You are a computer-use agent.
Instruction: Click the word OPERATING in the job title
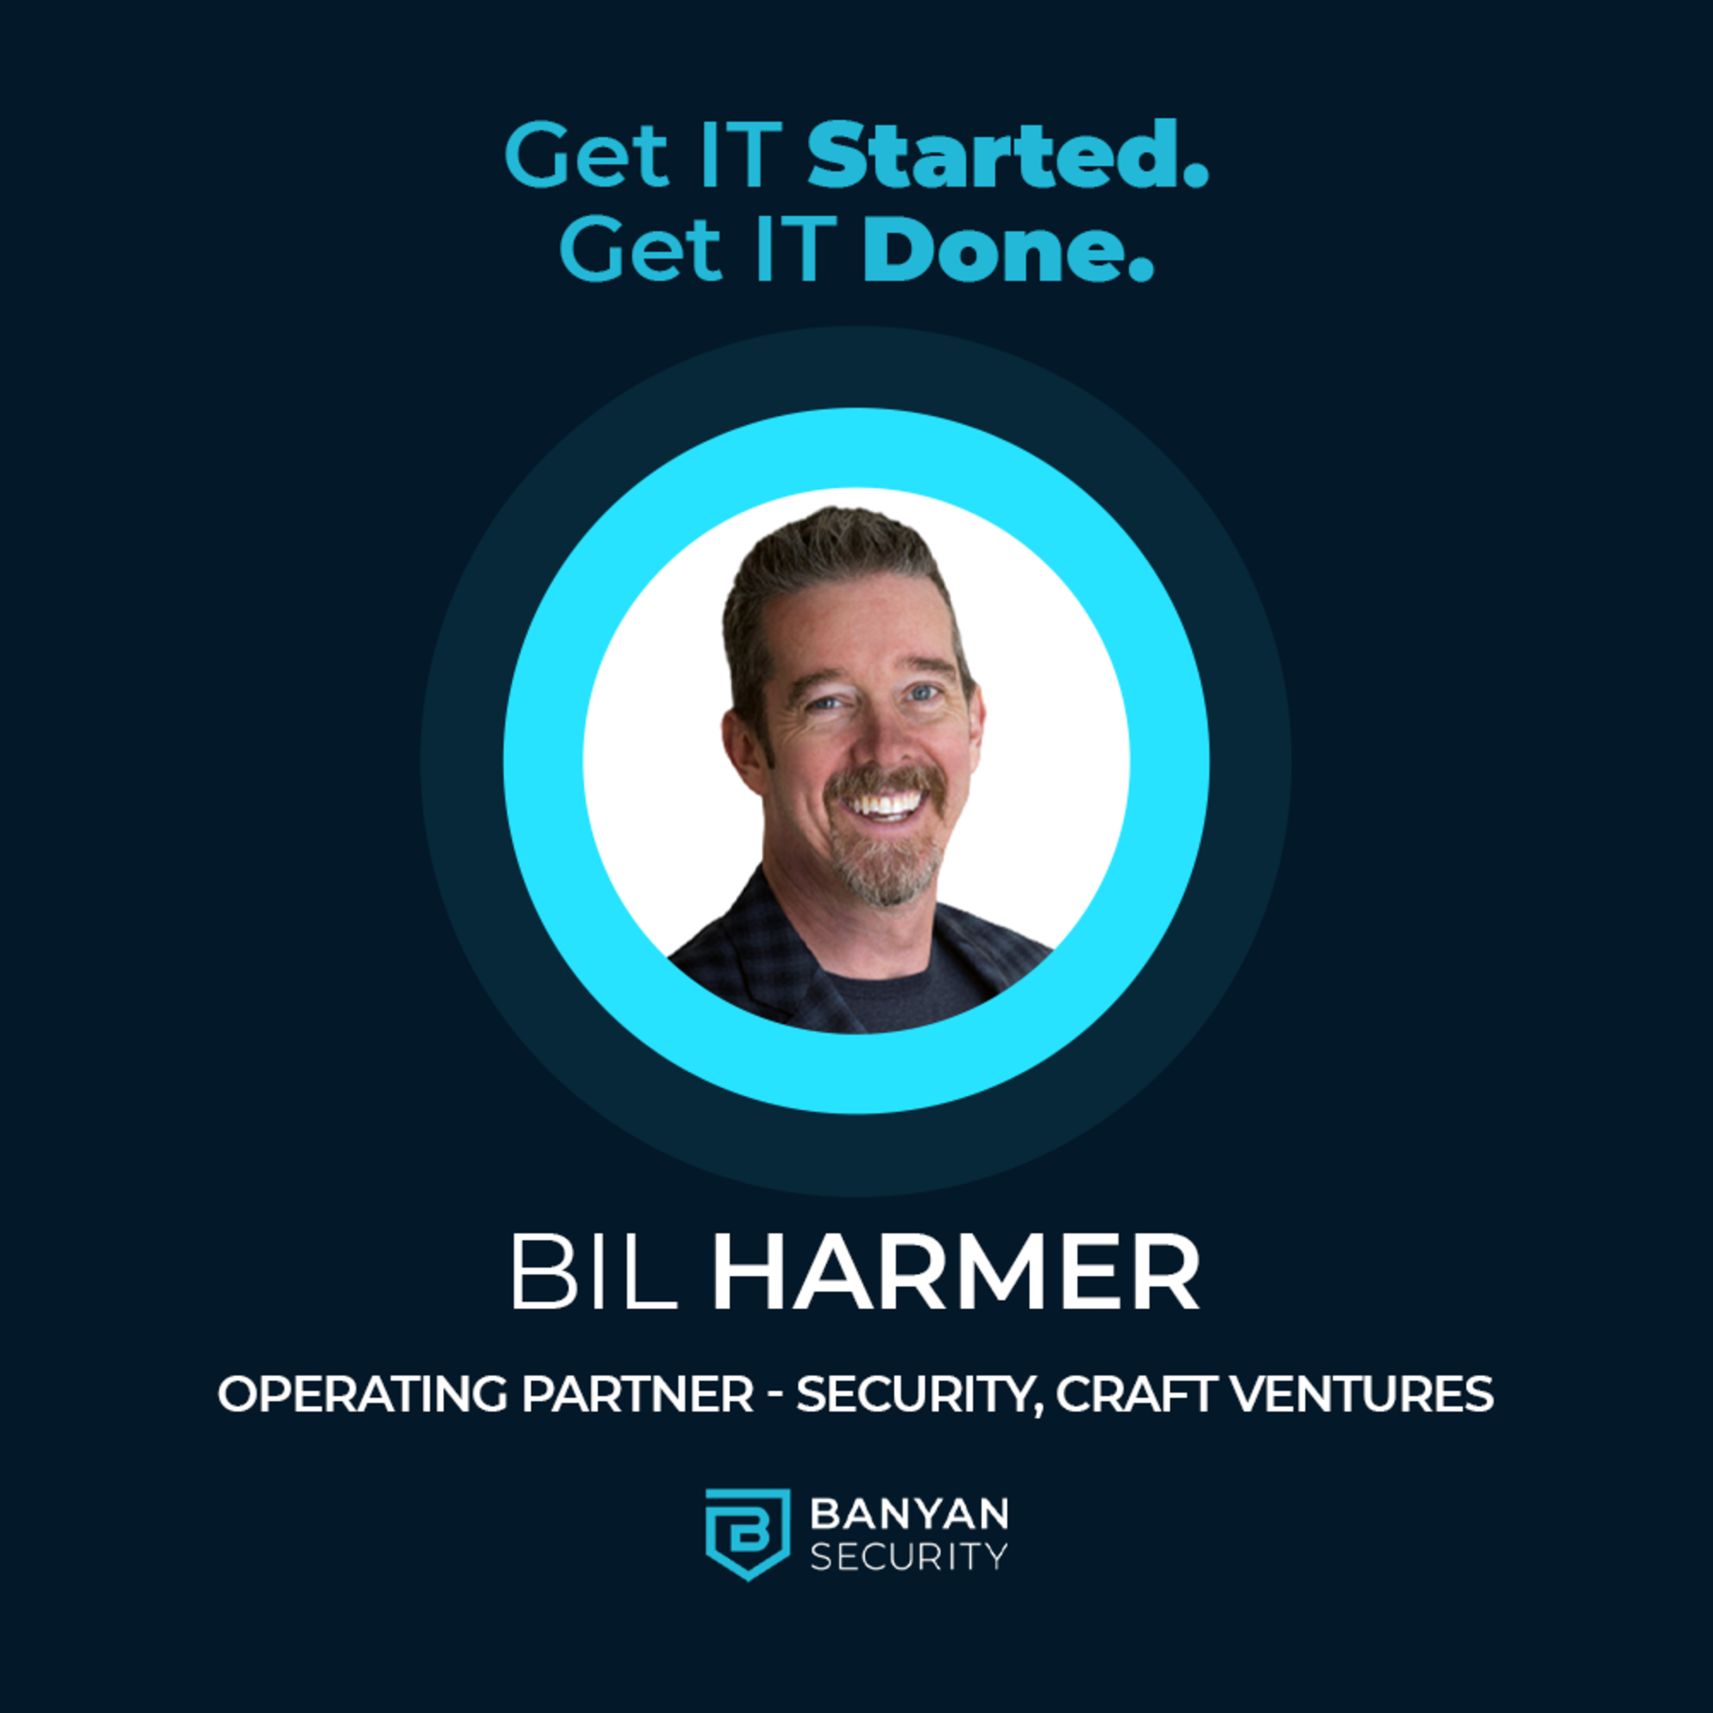(362, 1394)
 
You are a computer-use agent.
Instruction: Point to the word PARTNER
(637, 1394)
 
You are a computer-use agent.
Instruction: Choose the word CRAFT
(1136, 1394)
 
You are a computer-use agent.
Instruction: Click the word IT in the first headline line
(741, 155)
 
